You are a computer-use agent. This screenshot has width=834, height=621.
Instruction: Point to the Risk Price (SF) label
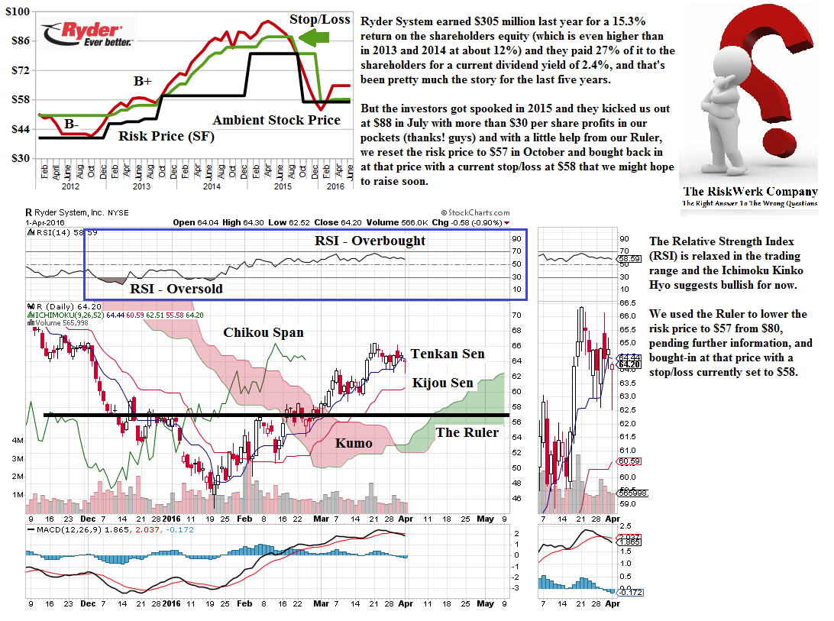[166, 137]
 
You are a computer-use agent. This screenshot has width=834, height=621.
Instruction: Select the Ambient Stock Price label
[276, 120]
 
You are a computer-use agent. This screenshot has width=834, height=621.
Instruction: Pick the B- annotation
[71, 124]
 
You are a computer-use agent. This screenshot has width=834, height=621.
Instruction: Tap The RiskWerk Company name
[749, 192]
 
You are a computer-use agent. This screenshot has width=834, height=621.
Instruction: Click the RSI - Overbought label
[370, 241]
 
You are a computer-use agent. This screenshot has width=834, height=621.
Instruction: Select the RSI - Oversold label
[176, 288]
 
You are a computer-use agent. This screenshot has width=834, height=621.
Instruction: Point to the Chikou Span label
[263, 332]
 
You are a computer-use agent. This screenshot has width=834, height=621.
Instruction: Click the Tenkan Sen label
[448, 354]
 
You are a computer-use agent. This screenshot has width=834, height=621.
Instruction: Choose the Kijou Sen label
[442, 383]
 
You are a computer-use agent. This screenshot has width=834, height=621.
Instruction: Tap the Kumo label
[354, 443]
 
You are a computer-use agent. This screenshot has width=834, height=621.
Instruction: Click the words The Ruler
[467, 432]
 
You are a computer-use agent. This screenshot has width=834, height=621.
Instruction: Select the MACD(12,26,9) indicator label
[67, 529]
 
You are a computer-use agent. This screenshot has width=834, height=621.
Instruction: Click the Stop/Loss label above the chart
[319, 19]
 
